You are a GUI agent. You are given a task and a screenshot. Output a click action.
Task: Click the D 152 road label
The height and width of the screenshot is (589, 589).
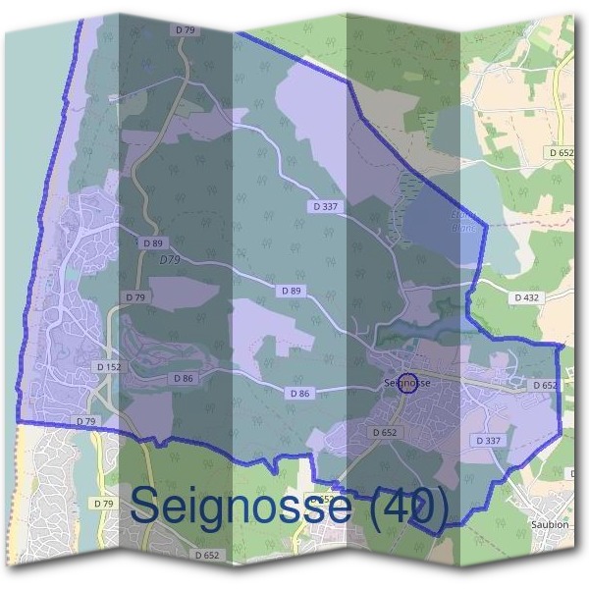pyautogui.click(x=109, y=366)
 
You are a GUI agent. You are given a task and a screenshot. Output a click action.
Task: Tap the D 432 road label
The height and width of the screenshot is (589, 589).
pyautogui.click(x=527, y=296)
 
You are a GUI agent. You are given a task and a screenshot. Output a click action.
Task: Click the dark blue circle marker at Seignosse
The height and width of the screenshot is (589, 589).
pyautogui.click(x=408, y=385)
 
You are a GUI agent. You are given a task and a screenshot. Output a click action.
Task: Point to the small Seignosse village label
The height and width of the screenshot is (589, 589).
pyautogui.click(x=406, y=382)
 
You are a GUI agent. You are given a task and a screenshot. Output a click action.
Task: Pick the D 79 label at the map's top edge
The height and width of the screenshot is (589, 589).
pyautogui.click(x=186, y=30)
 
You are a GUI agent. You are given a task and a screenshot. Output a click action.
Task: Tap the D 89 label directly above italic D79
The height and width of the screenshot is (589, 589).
pyautogui.click(x=152, y=242)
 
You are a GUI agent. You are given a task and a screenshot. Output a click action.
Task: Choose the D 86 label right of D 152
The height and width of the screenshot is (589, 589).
pyautogui.click(x=184, y=378)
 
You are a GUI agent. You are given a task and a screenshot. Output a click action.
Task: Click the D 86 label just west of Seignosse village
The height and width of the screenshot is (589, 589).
pyautogui.click(x=299, y=393)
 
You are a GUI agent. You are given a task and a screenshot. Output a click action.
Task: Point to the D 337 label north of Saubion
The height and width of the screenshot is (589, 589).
pyautogui.click(x=488, y=441)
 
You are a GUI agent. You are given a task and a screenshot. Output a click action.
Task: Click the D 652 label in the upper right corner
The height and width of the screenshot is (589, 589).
pyautogui.click(x=562, y=153)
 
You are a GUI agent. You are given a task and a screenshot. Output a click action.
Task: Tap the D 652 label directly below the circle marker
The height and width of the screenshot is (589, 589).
pyautogui.click(x=385, y=432)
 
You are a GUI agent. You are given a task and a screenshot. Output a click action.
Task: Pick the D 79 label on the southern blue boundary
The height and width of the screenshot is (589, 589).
pyautogui.click(x=86, y=421)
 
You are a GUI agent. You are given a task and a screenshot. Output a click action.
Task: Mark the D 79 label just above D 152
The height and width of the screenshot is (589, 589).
pyautogui.click(x=135, y=296)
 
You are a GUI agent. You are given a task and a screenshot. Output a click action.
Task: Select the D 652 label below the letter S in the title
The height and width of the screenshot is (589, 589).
pyautogui.click(x=207, y=555)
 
